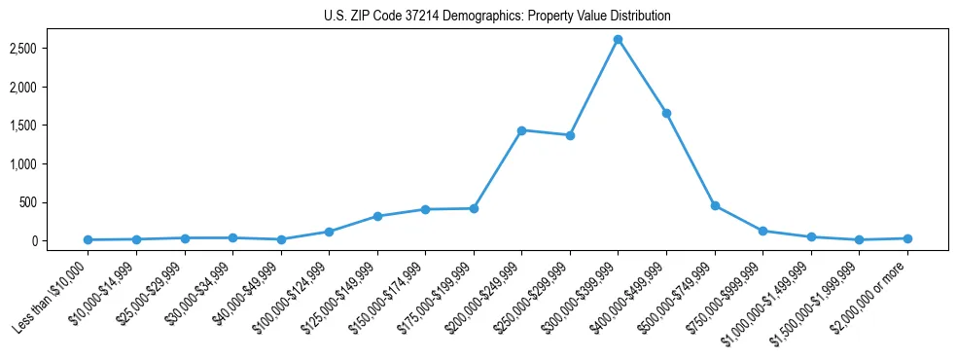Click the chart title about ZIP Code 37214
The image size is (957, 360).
pyautogui.click(x=497, y=17)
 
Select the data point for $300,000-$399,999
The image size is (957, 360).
pyautogui.click(x=618, y=39)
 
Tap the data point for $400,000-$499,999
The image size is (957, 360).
pyautogui.click(x=666, y=113)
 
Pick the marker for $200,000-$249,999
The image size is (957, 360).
pyautogui.click(x=522, y=130)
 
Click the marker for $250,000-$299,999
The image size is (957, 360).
pyautogui.click(x=570, y=135)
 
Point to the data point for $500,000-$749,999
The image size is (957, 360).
pyautogui.click(x=715, y=205)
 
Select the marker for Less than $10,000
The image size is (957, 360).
pyautogui.click(x=89, y=239)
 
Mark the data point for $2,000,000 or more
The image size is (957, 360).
pyautogui.click(x=907, y=238)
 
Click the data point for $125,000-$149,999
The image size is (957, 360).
pyautogui.click(x=377, y=216)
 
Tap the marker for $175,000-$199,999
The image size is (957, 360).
pyautogui.click(x=474, y=208)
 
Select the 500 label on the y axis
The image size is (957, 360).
pyautogui.click(x=42, y=202)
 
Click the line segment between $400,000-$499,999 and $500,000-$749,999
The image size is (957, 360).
pyautogui.click(x=691, y=160)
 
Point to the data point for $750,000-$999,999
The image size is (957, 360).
pyautogui.click(x=762, y=231)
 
